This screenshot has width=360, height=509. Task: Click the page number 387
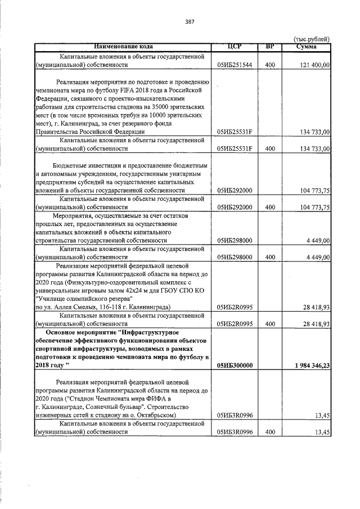click(x=190, y=22)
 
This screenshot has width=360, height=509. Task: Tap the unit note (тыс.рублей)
click(x=312, y=39)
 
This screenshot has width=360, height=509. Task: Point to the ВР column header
click(x=269, y=46)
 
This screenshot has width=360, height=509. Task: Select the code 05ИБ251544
click(x=235, y=65)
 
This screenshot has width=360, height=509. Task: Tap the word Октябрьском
click(x=156, y=415)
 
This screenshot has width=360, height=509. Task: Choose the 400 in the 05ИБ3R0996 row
click(x=269, y=432)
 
